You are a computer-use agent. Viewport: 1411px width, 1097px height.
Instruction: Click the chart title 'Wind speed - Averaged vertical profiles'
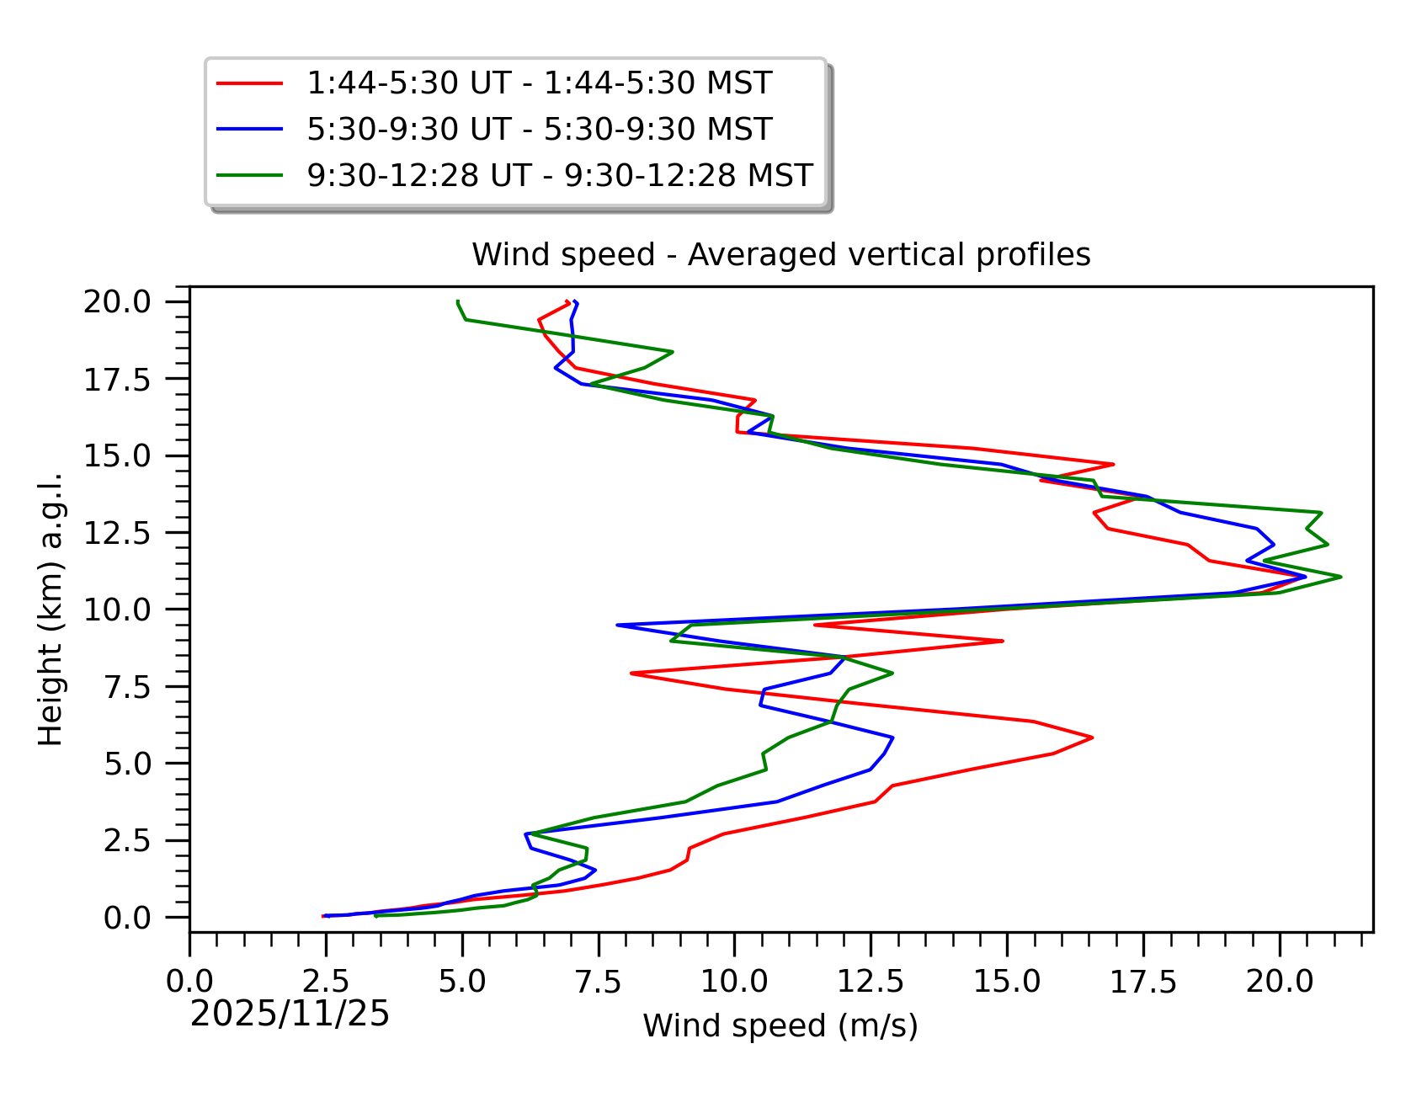[780, 254]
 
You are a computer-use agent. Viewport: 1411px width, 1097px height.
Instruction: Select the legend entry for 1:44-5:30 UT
[539, 83]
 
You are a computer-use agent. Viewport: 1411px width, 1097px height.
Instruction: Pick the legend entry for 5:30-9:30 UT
[539, 130]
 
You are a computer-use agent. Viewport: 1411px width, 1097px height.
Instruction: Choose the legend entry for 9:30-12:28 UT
[559, 175]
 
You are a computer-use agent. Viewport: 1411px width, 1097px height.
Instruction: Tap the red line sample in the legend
[249, 83]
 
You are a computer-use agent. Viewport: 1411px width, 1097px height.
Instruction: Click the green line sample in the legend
[249, 175]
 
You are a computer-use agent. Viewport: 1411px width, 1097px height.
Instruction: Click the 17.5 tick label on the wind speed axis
[1142, 981]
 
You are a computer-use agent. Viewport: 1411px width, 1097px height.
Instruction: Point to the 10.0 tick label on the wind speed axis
[734, 981]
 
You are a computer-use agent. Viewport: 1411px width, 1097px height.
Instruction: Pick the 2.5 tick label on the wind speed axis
[326, 981]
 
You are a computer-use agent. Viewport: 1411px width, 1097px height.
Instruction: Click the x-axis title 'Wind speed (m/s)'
[780, 1025]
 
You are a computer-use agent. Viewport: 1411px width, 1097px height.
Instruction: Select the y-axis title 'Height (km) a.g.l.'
[51, 609]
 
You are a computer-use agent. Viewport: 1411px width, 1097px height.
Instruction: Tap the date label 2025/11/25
[290, 1014]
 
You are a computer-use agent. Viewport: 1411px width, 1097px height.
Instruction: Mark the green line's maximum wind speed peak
[1340, 577]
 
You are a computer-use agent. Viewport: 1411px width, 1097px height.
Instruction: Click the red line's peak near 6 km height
[1092, 738]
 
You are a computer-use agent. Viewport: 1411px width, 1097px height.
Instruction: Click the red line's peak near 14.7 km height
[1113, 464]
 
